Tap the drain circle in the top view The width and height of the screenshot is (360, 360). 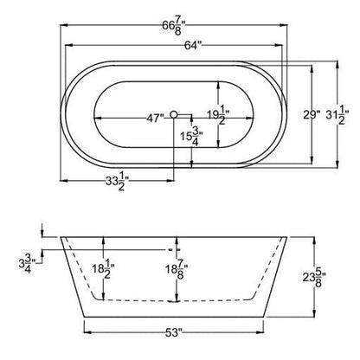pos(177,114)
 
